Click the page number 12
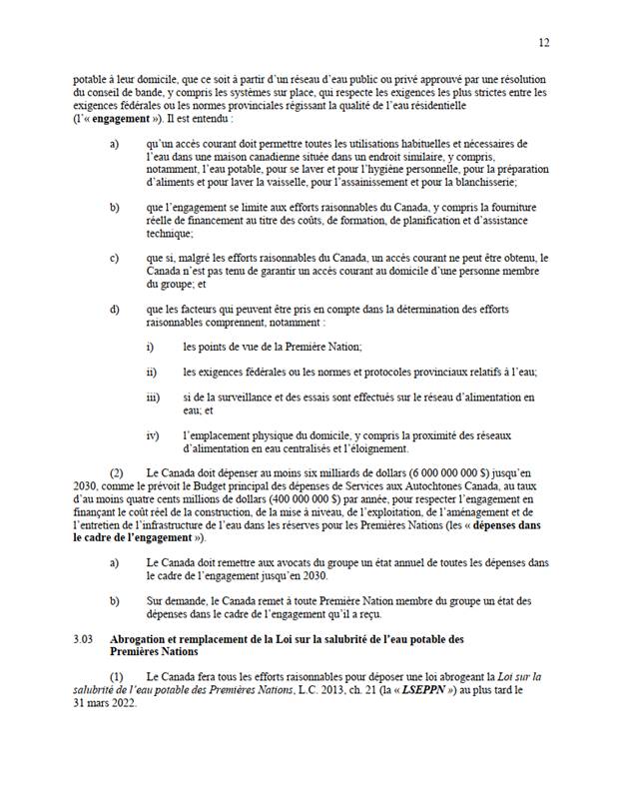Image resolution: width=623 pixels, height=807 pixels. click(x=544, y=43)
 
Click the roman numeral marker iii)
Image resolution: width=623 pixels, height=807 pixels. click(x=153, y=397)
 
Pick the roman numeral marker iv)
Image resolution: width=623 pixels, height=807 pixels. click(x=153, y=435)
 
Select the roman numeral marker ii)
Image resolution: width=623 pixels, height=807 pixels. click(x=152, y=372)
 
